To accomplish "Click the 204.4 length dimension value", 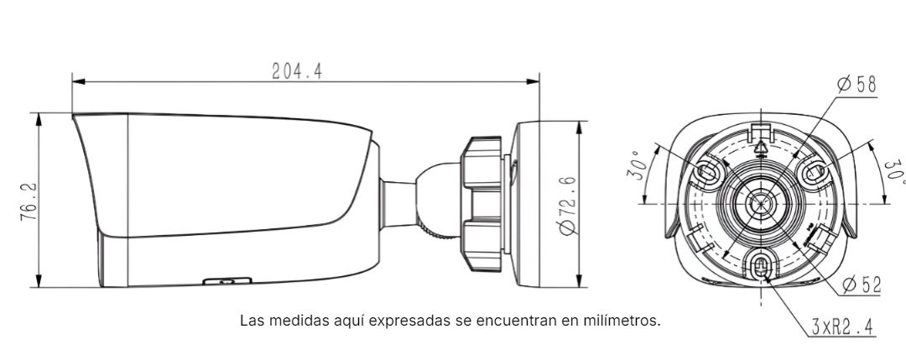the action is [297, 70].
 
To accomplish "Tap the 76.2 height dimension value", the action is [29, 201].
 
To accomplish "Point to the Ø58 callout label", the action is [857, 85].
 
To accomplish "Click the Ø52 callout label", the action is [862, 284].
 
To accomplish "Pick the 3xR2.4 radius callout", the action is [843, 327].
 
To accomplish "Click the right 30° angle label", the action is [895, 170].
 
